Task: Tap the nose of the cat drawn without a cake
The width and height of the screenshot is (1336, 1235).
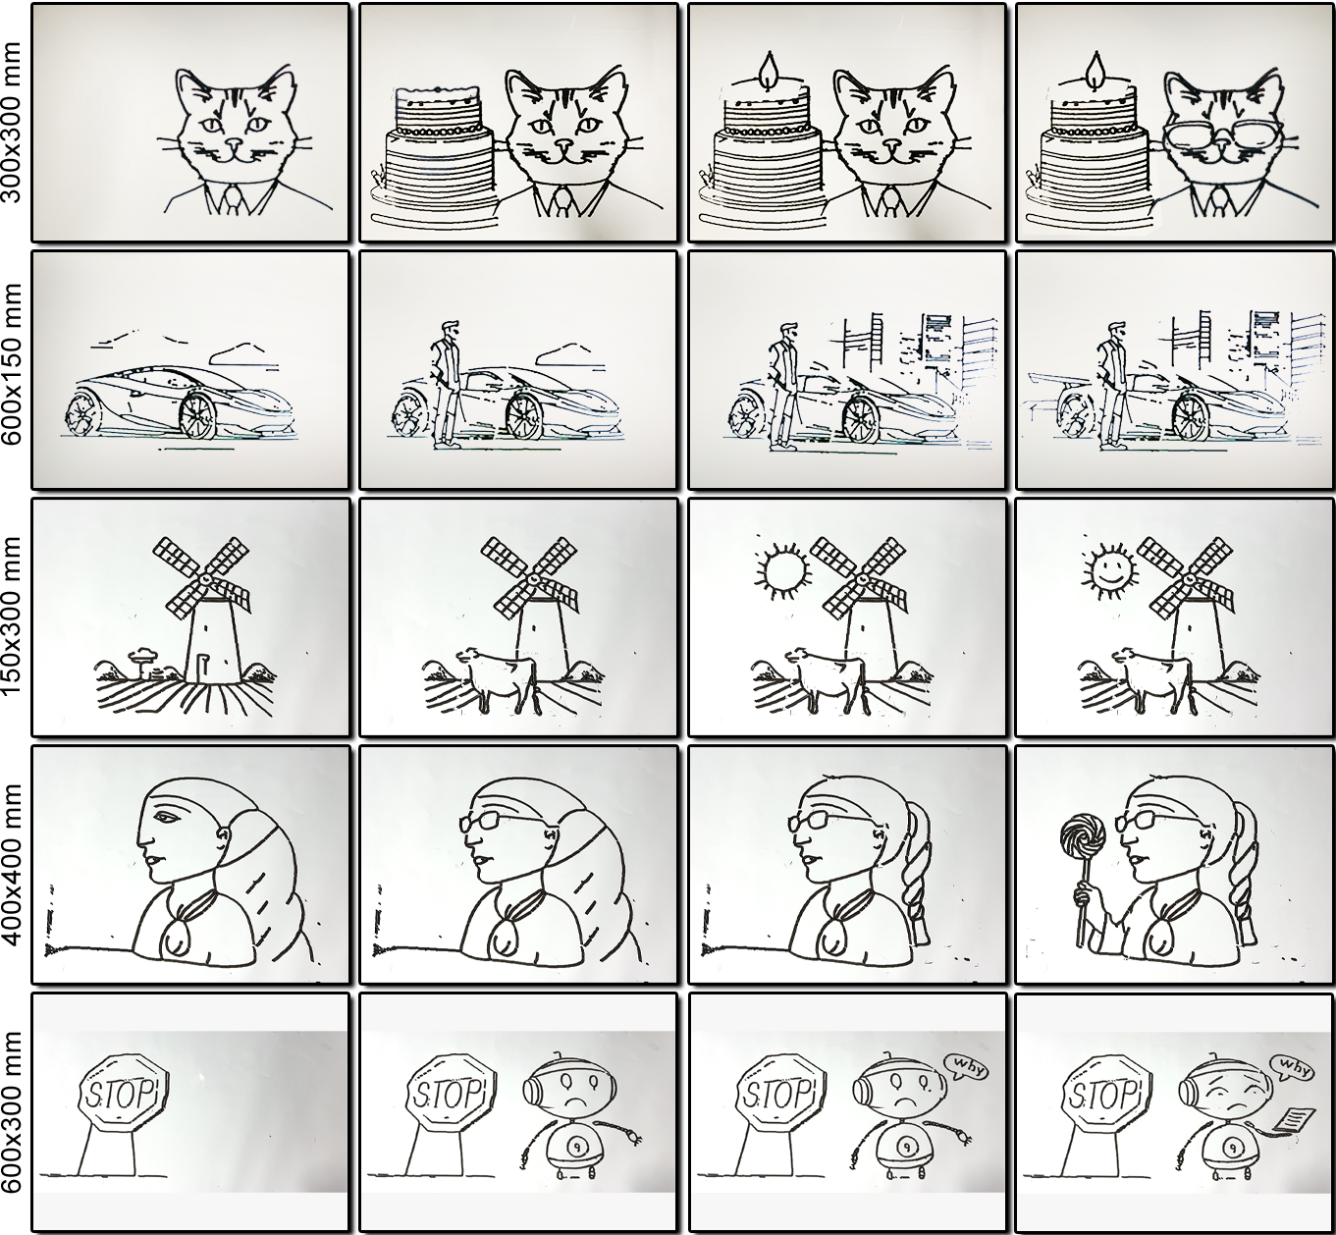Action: coord(234,143)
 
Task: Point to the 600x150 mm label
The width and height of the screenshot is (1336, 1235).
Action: coord(14,368)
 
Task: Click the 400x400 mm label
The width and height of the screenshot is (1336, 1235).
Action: coord(14,864)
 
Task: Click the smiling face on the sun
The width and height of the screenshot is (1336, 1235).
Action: coord(1108,570)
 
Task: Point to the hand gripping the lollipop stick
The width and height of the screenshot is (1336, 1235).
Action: coord(1083,895)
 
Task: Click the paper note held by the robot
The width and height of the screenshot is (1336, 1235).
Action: coord(1293,1117)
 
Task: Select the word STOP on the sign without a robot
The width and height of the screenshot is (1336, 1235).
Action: coord(121,1093)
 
